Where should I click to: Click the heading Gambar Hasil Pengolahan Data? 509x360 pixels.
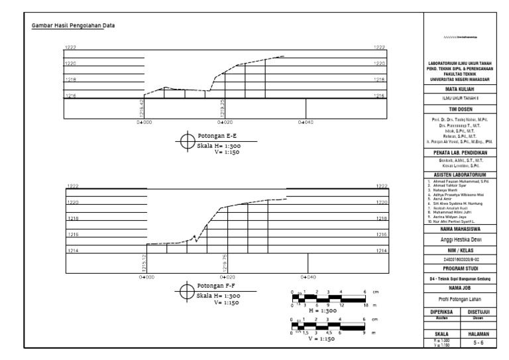(72, 27)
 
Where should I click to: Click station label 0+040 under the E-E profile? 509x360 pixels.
(305, 123)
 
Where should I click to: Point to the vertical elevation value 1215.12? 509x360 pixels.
(143, 265)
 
